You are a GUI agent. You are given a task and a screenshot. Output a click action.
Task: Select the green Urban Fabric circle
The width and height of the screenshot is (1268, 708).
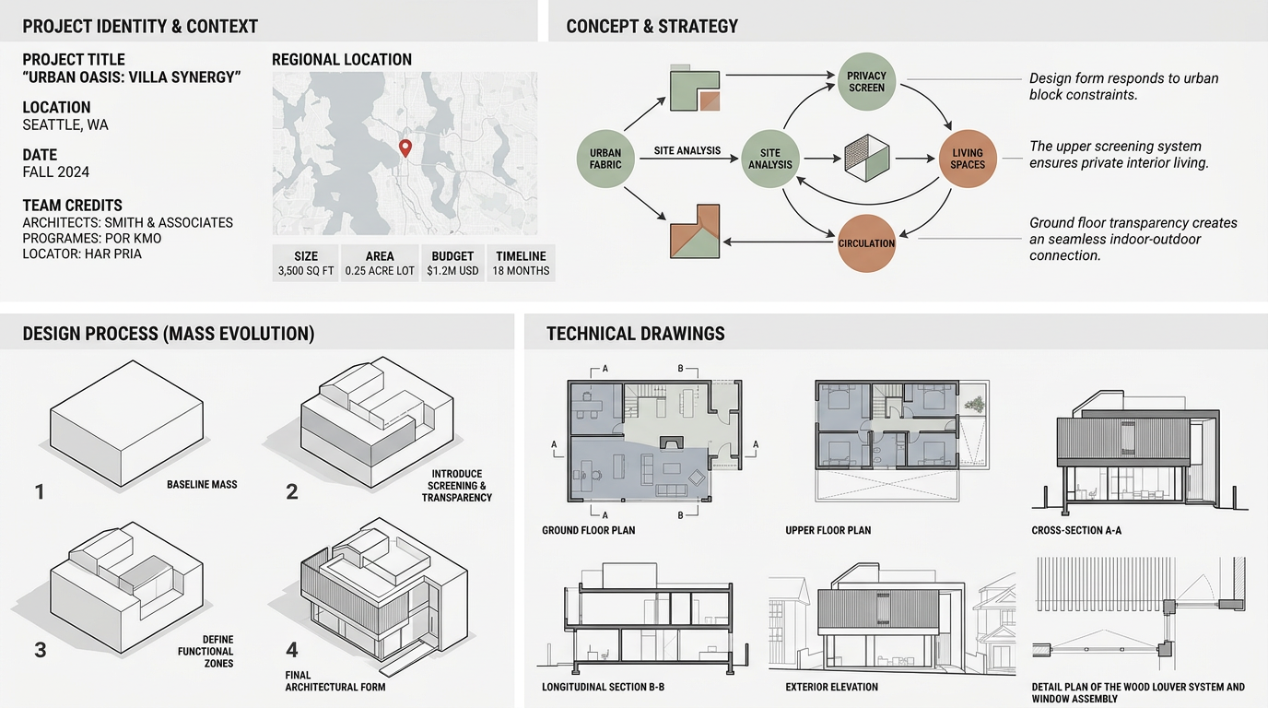tap(605, 159)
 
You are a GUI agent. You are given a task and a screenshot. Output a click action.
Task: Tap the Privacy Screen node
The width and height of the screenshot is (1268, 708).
tap(866, 81)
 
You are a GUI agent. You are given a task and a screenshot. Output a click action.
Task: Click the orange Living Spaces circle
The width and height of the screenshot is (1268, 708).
tap(968, 159)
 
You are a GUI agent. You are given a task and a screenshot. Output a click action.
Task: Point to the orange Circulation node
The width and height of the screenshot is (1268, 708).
tap(866, 243)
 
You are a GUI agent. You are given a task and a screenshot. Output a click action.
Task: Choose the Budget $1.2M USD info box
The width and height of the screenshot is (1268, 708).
tap(452, 263)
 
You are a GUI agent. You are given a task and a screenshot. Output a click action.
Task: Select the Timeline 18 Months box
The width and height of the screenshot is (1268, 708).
tap(521, 263)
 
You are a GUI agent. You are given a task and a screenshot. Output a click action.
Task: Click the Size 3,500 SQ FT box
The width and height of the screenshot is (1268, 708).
tap(306, 263)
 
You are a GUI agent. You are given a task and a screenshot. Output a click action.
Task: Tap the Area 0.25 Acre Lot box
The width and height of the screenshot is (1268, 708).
tap(380, 263)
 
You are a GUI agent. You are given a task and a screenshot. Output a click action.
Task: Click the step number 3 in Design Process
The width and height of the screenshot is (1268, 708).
tap(40, 650)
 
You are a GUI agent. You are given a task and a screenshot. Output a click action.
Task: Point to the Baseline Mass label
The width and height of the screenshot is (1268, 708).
tap(202, 484)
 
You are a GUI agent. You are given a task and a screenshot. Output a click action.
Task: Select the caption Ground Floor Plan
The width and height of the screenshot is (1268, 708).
tap(588, 530)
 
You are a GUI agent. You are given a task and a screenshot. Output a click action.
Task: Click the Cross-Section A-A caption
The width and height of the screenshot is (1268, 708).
tap(1076, 530)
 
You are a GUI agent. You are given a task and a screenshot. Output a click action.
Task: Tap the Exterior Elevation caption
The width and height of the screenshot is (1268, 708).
tap(831, 687)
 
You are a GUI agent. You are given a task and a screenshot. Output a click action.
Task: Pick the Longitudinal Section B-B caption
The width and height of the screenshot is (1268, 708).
tap(603, 687)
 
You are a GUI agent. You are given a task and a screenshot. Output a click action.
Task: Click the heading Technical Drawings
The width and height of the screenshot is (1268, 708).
tap(635, 334)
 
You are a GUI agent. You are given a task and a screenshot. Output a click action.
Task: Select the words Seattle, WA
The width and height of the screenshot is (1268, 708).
tap(65, 124)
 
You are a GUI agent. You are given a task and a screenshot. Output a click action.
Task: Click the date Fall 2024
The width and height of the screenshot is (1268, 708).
tap(56, 172)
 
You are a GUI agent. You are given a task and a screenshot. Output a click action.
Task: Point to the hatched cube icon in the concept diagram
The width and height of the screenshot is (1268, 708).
tap(867, 158)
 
